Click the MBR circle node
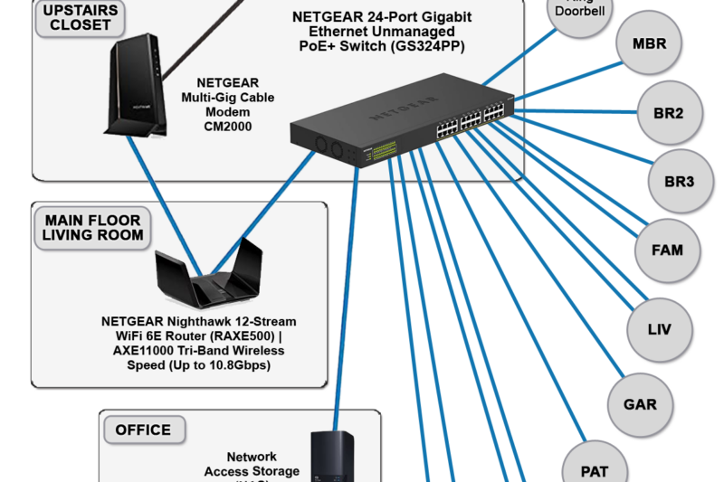(x=650, y=43)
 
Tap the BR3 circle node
(x=679, y=182)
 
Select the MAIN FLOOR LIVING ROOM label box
(x=91, y=228)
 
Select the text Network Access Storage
(x=252, y=464)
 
